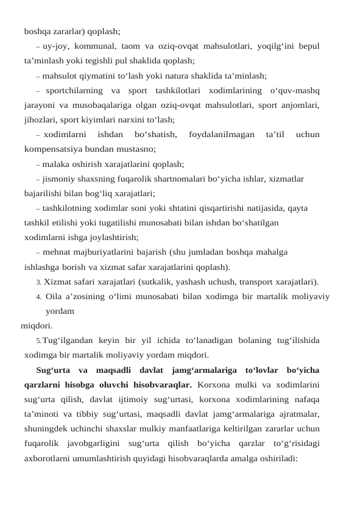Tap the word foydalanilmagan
coord(222,134)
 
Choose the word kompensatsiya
coord(51,148)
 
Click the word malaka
coord(58,163)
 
